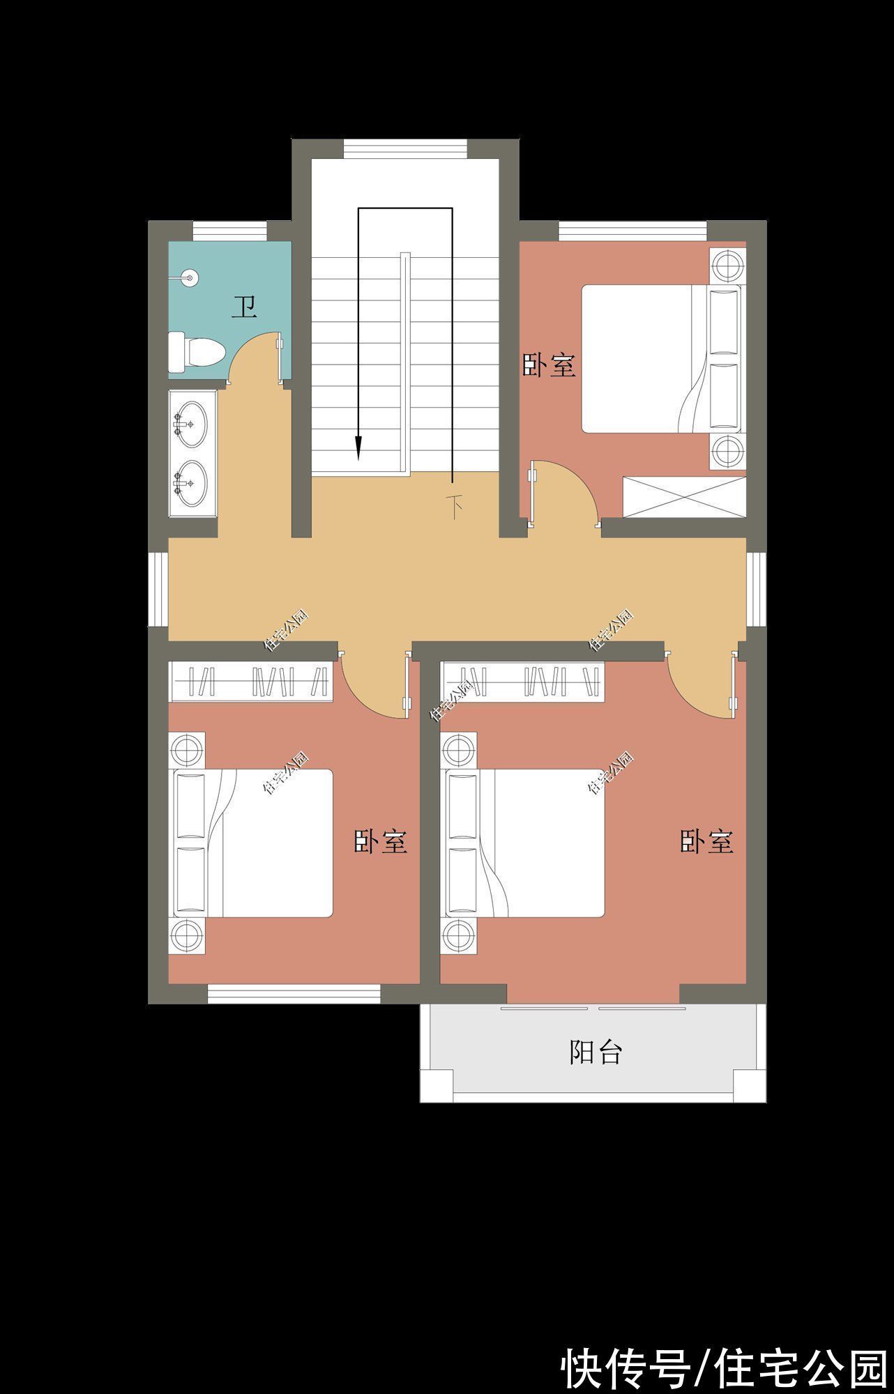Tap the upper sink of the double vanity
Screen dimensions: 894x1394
pos(190,422)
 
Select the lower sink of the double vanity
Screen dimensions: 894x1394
pos(190,483)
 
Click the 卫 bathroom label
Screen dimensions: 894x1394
pos(244,307)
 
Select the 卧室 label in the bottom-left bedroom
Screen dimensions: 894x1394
pos(380,841)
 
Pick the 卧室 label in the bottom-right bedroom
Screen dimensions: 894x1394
pos(706,841)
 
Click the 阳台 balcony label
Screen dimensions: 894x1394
pos(595,1052)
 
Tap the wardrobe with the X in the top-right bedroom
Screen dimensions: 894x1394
pos(684,496)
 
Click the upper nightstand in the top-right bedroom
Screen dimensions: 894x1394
pos(728,264)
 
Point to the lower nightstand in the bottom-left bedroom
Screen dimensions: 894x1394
pos(187,935)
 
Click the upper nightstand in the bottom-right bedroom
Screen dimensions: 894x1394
pos(459,750)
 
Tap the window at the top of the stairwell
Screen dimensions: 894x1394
pos(405,148)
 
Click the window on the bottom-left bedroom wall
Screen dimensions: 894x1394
pos(294,993)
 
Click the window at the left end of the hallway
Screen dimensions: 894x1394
pos(158,589)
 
